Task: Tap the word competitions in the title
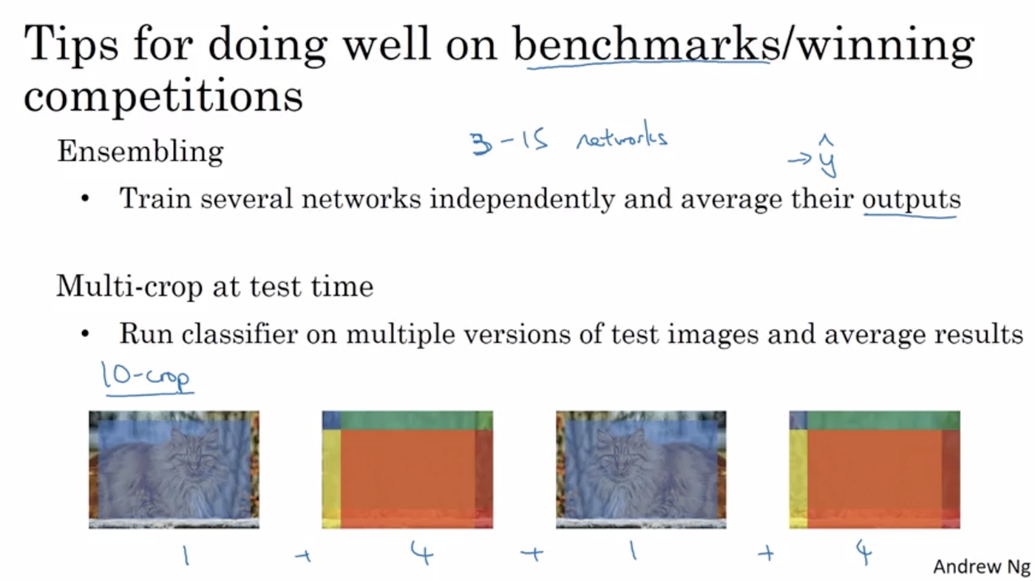click(163, 97)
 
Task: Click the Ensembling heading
click(140, 152)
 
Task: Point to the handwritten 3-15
click(509, 142)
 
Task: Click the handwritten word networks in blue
click(622, 138)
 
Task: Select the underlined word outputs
click(911, 199)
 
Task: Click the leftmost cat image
click(174, 469)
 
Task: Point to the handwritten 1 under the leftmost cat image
click(186, 555)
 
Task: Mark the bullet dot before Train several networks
click(86, 200)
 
